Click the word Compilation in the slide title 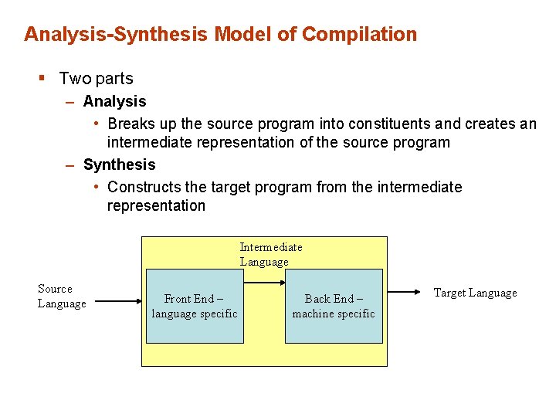point(359,35)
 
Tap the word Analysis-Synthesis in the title point(117,35)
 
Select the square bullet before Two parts point(43,78)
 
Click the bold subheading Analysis point(114,101)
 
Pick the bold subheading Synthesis point(119,164)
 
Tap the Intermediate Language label point(270,254)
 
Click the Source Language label point(61,296)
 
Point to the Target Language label point(475,293)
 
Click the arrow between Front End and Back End point(264,283)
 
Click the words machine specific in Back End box point(334,314)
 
